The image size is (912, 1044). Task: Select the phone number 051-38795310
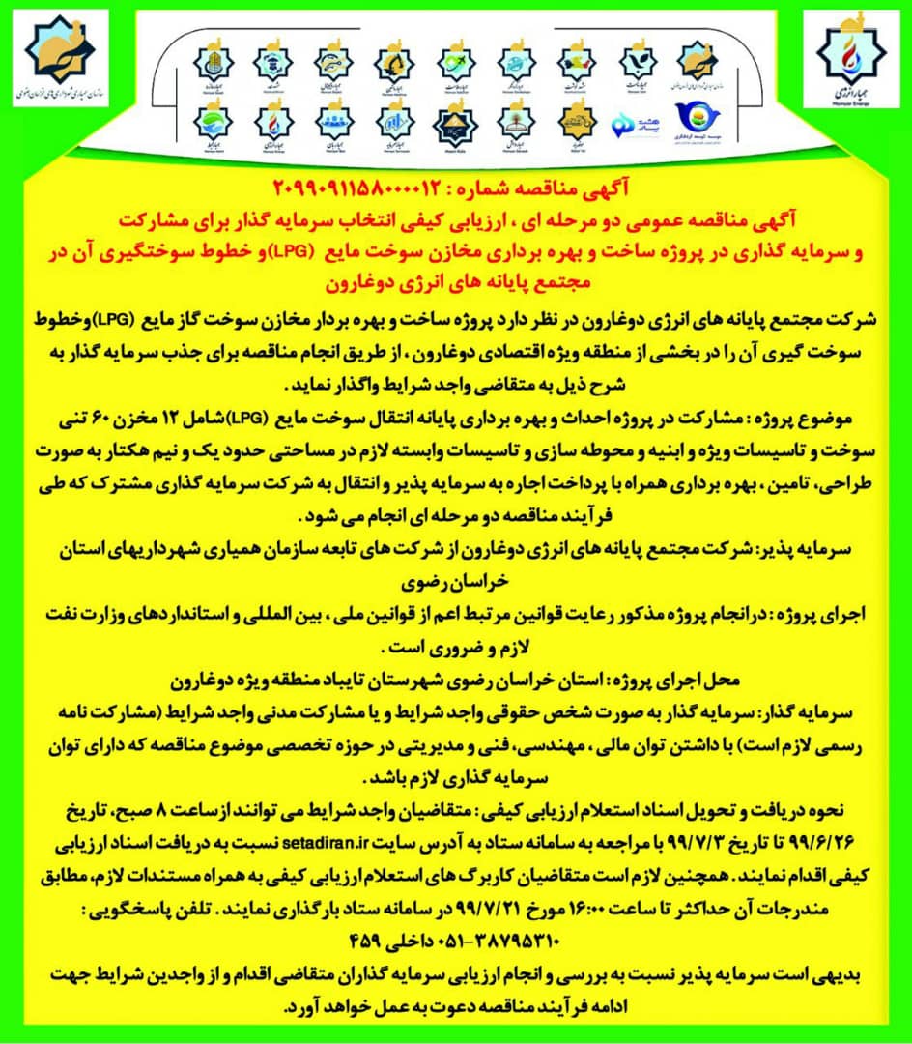coord(444,936)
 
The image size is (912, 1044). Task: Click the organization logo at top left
coord(60,68)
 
